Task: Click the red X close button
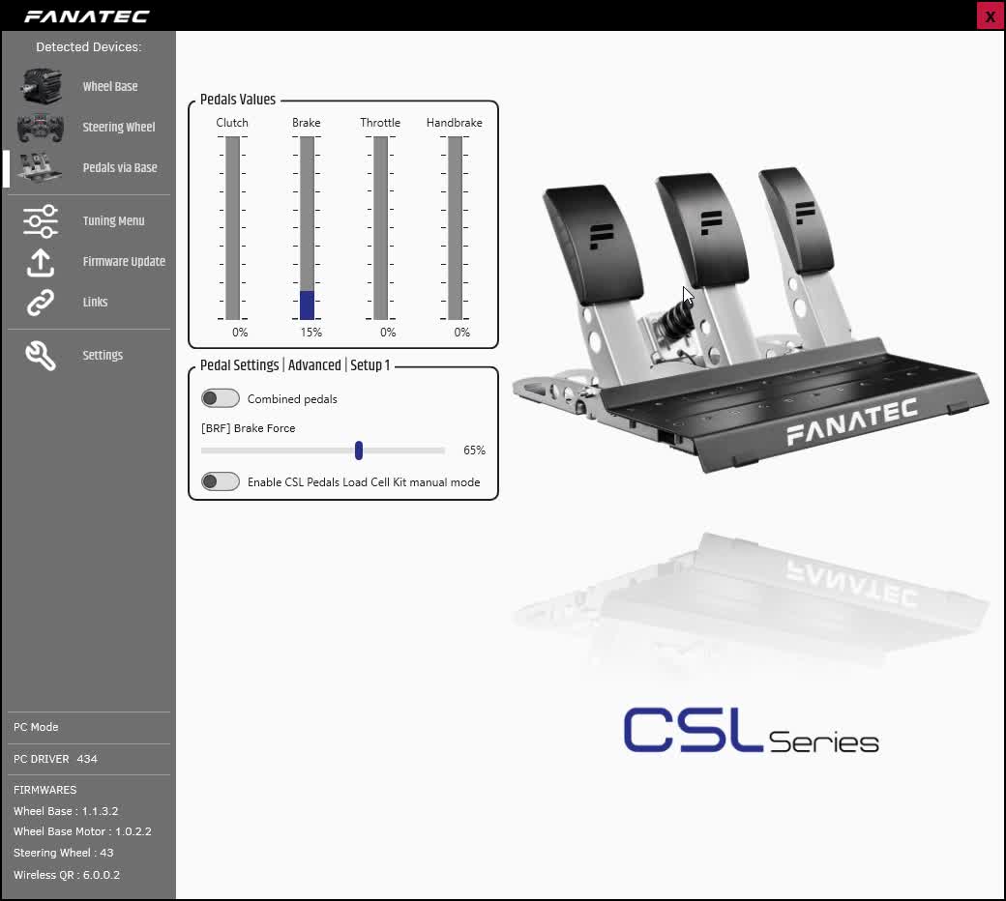990,15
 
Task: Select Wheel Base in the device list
109,87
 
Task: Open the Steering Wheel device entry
119,127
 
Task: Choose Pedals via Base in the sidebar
119,167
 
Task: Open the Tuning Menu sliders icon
41,221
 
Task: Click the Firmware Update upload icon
41,262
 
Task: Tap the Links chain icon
41,303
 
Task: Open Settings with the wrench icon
41,355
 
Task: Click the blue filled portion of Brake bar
308,305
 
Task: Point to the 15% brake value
311,333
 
